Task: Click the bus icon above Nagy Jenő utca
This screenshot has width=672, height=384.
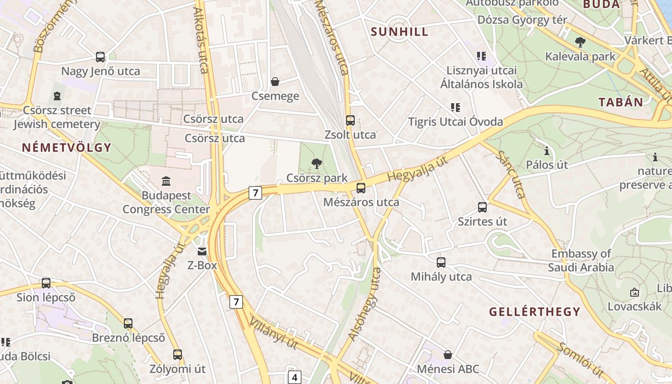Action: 100,57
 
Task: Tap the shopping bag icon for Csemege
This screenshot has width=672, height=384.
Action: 275,82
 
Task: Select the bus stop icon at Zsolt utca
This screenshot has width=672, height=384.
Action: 350,120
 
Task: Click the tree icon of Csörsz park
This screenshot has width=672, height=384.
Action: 316,164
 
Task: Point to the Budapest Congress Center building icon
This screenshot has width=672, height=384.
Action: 166,181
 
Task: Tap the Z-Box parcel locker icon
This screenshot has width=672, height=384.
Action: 202,251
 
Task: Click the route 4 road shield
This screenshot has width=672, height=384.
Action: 294,377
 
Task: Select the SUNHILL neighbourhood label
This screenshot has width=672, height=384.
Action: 399,32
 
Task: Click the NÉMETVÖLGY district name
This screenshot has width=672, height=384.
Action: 66,147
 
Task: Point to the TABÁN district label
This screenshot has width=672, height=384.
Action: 621,102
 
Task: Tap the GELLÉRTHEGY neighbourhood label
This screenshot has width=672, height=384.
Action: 535,312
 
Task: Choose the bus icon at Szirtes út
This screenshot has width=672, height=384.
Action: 482,207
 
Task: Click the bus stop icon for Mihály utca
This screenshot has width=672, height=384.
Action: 441,263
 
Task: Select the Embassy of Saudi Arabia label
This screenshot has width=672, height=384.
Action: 581,260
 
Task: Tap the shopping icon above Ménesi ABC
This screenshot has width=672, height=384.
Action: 448,355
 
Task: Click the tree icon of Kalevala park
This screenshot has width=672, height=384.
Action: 580,42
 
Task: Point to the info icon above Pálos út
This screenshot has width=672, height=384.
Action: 547,151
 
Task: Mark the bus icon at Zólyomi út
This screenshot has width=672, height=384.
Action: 178,355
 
